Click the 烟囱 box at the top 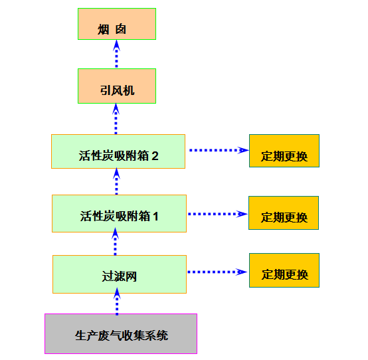(117, 24)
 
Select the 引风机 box (117, 86)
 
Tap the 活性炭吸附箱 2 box (118, 151)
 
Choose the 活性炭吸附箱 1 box (119, 214)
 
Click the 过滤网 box (120, 274)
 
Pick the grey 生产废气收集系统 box (121, 333)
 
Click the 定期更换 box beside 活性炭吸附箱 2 (284, 151)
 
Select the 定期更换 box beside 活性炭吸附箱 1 (284, 213)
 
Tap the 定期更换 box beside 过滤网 (284, 270)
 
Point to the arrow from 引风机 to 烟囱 (117, 54)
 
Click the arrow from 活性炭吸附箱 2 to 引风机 (116, 119)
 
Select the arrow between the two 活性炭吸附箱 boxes (117, 181)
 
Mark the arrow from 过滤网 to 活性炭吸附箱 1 (115, 242)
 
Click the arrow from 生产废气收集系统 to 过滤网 (117, 302)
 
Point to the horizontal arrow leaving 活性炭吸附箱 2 (219, 150)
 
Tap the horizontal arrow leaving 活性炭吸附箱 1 (218, 214)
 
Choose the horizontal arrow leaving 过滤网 (217, 272)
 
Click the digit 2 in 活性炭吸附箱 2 (155, 156)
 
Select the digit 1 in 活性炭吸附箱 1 (155, 217)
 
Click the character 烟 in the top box (103, 30)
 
